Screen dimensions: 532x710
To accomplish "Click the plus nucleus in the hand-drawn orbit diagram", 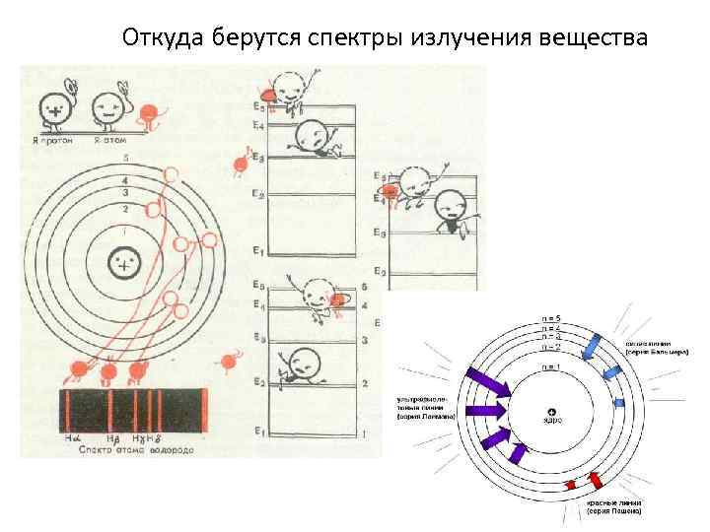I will (123, 266).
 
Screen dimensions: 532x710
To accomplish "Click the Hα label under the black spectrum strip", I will (71, 436).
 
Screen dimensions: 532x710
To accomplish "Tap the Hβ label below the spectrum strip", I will (112, 436).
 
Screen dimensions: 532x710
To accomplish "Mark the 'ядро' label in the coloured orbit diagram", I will (552, 420).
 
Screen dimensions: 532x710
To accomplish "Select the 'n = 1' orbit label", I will (550, 366).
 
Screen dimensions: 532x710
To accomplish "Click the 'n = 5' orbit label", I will (550, 318).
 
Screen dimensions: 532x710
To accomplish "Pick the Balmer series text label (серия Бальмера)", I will (657, 348).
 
